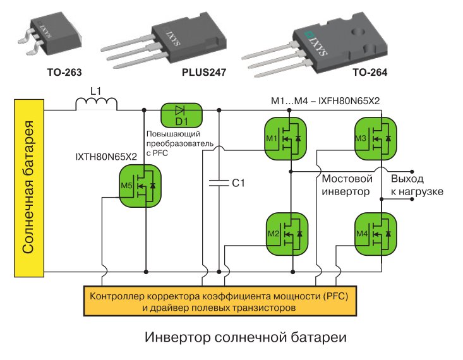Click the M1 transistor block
coord(286,138)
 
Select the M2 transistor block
coord(287,234)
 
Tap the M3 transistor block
coord(376,138)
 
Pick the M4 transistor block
coord(376,234)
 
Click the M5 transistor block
coord(140,186)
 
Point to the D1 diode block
coord(181,115)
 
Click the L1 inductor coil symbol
coord(96,104)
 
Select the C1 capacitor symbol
coord(219,183)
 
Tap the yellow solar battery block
coord(29,188)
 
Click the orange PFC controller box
coord(220,301)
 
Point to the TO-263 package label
coord(64,73)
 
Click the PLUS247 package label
coord(204,73)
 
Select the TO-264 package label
coord(370,73)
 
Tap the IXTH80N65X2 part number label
coord(106,157)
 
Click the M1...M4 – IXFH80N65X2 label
coord(325,101)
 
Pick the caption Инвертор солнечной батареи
coord(246,337)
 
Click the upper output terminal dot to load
coord(412,172)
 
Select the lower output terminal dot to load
coord(412,200)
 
